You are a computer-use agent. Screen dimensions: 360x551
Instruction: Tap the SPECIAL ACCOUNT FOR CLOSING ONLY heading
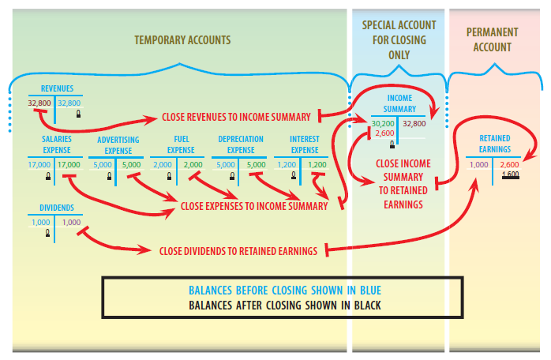point(399,40)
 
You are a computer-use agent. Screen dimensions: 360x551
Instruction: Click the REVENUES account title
point(56,88)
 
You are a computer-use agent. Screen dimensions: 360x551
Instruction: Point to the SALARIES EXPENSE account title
point(56,144)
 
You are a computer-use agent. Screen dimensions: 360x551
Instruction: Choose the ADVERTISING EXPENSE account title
point(118,144)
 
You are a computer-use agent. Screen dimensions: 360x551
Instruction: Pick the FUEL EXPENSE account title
point(181,144)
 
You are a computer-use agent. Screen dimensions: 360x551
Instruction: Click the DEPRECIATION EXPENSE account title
point(240,144)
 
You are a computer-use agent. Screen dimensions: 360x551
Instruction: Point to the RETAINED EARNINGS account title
point(495,143)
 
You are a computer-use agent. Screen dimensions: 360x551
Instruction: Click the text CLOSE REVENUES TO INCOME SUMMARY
point(236,117)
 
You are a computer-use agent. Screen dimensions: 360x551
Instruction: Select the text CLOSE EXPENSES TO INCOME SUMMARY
point(254,207)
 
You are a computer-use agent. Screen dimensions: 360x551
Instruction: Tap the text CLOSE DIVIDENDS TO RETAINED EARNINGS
point(238,251)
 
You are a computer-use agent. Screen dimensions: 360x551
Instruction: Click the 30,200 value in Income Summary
point(383,124)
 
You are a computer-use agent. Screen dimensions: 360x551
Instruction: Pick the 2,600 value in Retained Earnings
point(510,164)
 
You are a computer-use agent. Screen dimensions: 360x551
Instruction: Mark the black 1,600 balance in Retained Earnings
point(510,173)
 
